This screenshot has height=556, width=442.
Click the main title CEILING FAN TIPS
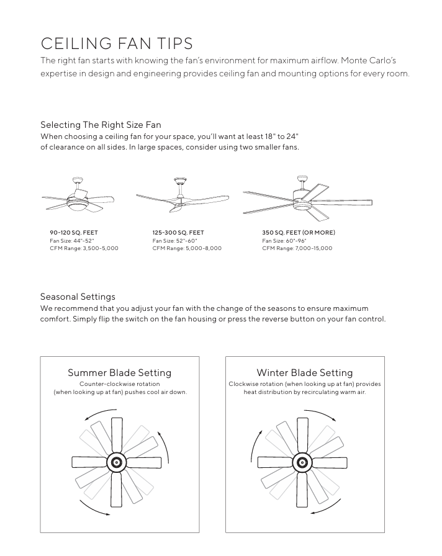(116, 43)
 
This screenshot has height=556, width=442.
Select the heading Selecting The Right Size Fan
(101, 125)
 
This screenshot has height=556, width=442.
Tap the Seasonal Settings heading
(78, 297)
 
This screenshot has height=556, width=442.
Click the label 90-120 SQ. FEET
(74, 233)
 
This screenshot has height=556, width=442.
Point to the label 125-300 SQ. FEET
(178, 233)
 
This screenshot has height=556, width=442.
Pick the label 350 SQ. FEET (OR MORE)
(299, 233)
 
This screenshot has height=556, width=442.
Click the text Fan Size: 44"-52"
(71, 240)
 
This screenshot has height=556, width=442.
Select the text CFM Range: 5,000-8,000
(187, 248)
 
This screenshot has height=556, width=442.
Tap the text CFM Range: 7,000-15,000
(297, 248)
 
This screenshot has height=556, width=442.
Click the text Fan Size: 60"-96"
(284, 240)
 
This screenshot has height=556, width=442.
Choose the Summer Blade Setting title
(119, 373)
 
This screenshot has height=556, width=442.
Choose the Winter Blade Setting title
(304, 373)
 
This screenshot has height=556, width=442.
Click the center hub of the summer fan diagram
(116, 462)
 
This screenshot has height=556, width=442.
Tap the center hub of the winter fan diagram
(302, 462)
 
